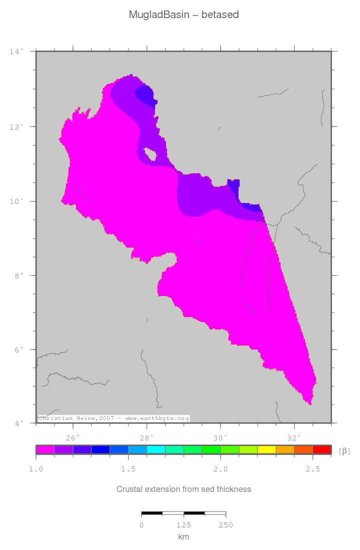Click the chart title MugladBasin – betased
pyautogui.click(x=183, y=14)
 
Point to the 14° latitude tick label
pyautogui.click(x=16, y=51)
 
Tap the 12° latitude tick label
pyautogui.click(x=16, y=126)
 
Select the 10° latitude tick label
pyautogui.click(x=16, y=201)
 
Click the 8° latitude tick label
pyautogui.click(x=17, y=275)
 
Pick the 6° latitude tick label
pyautogui.click(x=17, y=349)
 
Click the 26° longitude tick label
pyautogui.click(x=73, y=438)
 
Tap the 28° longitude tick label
pyautogui.click(x=146, y=438)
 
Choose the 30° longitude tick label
pyautogui.click(x=220, y=438)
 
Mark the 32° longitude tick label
pyautogui.click(x=294, y=438)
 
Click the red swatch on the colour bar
pyautogui.click(x=321, y=449)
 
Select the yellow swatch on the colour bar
pyautogui.click(x=266, y=449)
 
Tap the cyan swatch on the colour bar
pyautogui.click(x=155, y=449)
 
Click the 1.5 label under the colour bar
pyautogui.click(x=128, y=469)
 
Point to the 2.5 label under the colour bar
pyautogui.click(x=312, y=469)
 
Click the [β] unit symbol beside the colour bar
pyautogui.click(x=344, y=451)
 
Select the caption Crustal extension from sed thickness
pyautogui.click(x=183, y=489)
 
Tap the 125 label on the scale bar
pyautogui.click(x=183, y=525)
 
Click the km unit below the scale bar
pyautogui.click(x=183, y=536)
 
